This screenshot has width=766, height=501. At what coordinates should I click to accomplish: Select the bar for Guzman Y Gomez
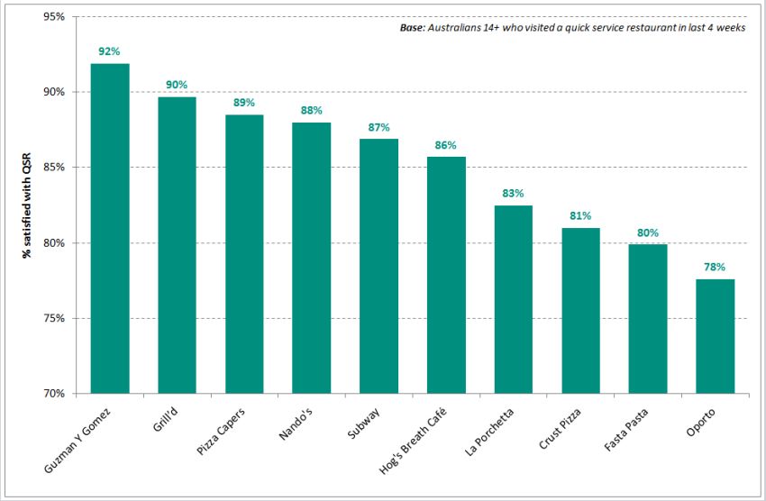[110, 229]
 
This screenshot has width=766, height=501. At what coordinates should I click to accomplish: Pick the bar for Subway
[378, 267]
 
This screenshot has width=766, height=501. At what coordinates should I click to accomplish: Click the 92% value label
[110, 52]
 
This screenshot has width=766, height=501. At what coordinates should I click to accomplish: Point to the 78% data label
[715, 268]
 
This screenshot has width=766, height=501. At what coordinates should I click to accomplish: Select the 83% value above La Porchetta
[513, 194]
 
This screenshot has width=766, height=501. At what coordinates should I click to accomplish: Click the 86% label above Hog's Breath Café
[446, 145]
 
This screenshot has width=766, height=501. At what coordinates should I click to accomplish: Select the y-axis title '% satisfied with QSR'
[27, 205]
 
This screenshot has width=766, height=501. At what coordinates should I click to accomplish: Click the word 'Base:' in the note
[414, 29]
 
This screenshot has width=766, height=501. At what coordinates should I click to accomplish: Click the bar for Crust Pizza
[580, 311]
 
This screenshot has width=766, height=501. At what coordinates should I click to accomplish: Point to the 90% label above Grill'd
[177, 85]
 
